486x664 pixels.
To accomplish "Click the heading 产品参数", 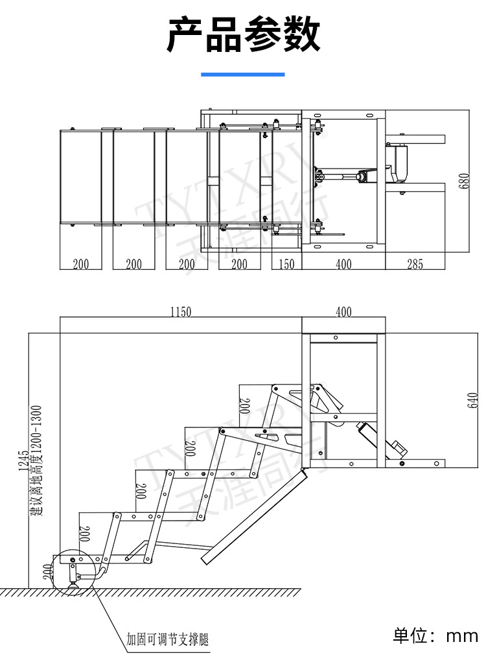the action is click(x=243, y=34).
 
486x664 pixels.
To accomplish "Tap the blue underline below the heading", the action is click(x=243, y=75).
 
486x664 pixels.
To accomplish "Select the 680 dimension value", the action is click(x=465, y=182).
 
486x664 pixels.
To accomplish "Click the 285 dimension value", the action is click(x=415, y=265).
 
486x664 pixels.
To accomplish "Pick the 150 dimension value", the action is click(x=286, y=265).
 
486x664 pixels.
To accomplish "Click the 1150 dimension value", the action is click(x=181, y=312).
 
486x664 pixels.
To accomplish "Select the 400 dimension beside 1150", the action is click(x=343, y=312).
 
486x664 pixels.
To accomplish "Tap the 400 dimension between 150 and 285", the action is click(x=343, y=265).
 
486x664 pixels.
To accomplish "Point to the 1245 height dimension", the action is click(x=24, y=461).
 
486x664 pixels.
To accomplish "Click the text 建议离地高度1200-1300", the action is click(x=36, y=461).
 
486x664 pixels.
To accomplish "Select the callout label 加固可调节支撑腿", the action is click(x=168, y=639).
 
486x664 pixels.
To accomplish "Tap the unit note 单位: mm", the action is click(x=435, y=635).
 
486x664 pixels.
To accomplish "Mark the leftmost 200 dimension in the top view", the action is click(x=81, y=265).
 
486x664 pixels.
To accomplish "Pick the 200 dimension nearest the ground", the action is click(x=48, y=573).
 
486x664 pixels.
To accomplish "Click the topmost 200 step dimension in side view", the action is click(x=245, y=406).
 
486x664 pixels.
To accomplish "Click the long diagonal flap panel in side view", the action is click(x=254, y=517).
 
